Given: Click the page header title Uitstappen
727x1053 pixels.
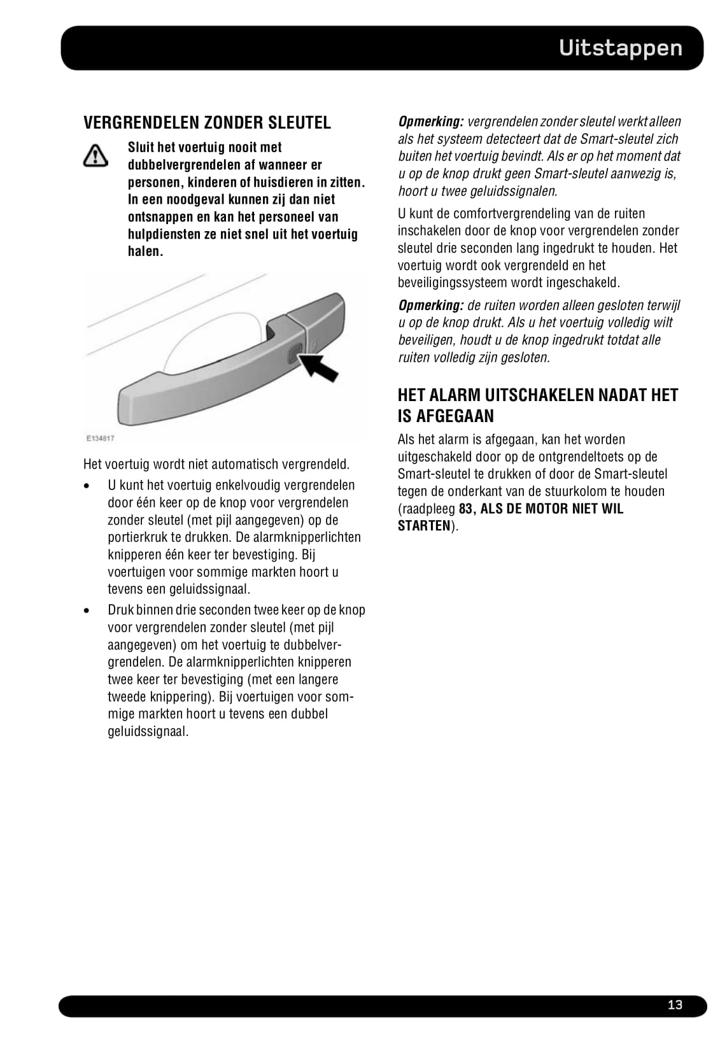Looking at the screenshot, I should (x=620, y=48).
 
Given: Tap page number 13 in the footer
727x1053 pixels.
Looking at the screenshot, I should (x=675, y=1005).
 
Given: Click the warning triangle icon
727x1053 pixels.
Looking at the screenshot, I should (x=95, y=155).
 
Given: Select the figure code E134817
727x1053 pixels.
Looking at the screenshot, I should (x=100, y=438).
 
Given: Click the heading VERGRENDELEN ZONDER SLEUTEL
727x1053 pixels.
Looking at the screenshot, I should (x=207, y=122).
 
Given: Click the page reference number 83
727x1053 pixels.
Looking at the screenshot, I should (x=465, y=509).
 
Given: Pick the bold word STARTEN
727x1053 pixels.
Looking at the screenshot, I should (x=424, y=526).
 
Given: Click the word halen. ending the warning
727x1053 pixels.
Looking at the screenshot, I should (x=145, y=251).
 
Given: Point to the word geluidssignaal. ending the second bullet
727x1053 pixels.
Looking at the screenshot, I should (x=148, y=731).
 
